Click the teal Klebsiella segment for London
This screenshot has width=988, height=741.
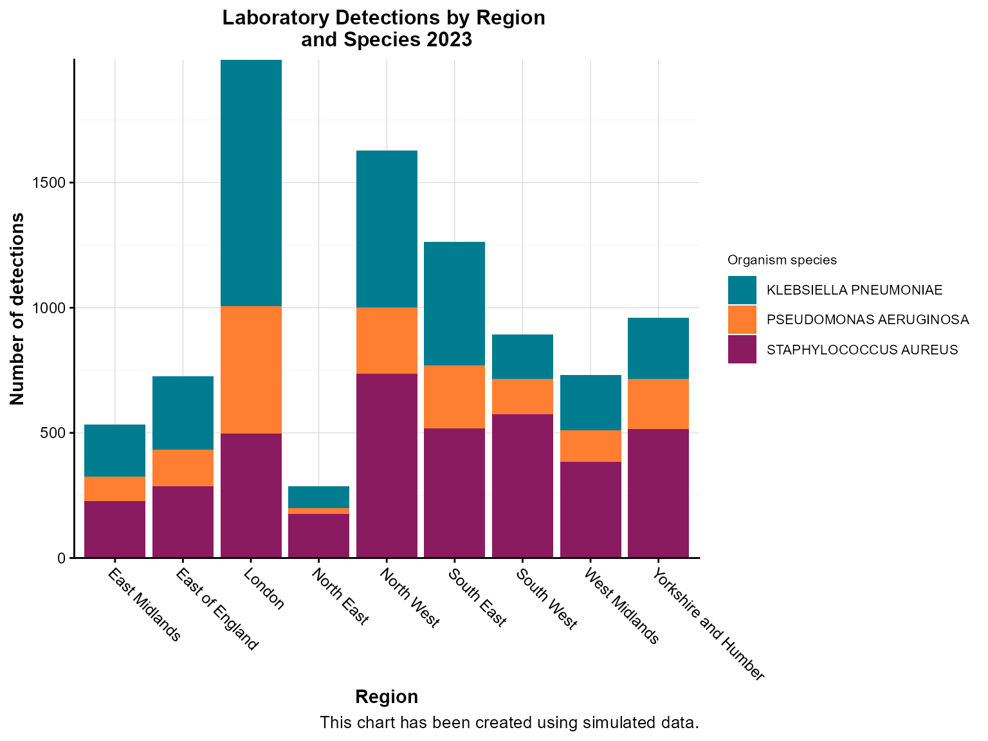[251, 183]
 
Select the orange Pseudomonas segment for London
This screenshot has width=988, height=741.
[251, 370]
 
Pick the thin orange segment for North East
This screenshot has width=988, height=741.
[318, 511]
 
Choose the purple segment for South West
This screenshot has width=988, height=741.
[522, 486]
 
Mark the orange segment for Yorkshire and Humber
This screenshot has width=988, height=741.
[658, 404]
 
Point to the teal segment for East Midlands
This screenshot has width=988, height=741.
[114, 450]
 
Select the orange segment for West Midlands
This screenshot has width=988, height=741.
[590, 446]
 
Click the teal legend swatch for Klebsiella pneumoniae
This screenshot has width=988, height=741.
[742, 290]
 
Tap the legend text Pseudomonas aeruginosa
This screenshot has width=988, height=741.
[867, 320]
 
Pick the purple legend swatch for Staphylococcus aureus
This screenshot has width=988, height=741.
[742, 349]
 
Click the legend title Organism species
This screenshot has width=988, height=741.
[782, 260]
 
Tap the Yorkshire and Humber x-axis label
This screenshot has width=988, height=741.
[708, 625]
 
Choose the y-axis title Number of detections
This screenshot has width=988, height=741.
[17, 309]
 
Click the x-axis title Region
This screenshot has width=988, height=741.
[387, 697]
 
